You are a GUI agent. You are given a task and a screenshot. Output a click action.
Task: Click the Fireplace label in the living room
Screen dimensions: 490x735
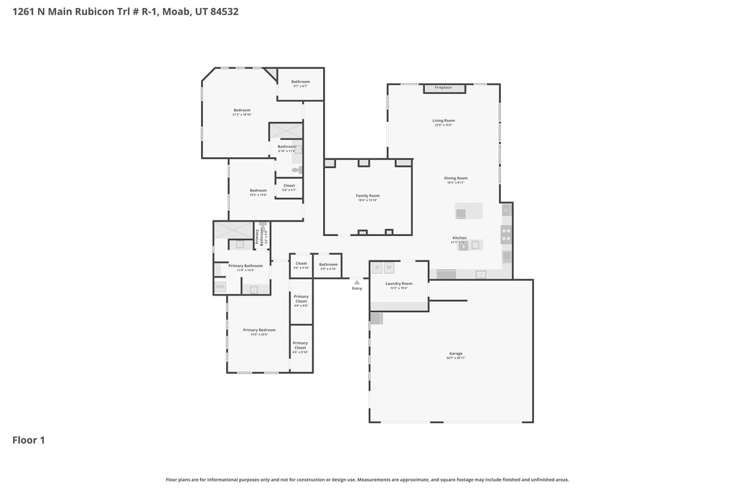tap(443, 88)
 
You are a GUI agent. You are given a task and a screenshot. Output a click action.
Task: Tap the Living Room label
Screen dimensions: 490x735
tap(444, 121)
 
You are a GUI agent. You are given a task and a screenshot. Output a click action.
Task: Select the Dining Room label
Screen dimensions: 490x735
tap(456, 178)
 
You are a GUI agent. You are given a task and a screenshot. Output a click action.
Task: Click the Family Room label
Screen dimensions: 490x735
tap(367, 196)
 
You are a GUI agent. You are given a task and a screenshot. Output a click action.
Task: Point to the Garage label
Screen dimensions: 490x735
tap(456, 353)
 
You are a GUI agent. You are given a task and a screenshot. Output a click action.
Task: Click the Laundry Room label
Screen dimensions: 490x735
tap(398, 283)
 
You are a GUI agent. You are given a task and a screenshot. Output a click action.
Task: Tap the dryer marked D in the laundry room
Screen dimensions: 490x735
tap(377, 268)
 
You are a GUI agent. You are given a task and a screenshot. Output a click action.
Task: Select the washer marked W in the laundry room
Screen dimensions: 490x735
tap(389, 268)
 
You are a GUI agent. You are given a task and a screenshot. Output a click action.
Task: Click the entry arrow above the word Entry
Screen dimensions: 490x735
tap(357, 282)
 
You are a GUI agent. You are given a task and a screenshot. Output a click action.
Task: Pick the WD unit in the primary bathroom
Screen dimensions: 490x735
tap(220, 286)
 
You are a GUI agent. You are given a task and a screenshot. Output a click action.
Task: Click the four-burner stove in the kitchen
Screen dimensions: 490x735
tap(506, 234)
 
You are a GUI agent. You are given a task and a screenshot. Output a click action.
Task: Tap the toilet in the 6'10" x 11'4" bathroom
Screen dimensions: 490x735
tap(296, 170)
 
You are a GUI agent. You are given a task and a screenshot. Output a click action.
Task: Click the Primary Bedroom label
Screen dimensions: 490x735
tap(259, 330)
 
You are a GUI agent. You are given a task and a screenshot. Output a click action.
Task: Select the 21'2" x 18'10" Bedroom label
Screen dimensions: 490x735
tap(242, 110)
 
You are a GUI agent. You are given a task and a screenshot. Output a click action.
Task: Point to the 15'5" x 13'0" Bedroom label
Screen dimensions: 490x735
tap(258, 190)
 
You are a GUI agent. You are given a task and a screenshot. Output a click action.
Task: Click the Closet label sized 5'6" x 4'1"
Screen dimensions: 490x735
tap(289, 186)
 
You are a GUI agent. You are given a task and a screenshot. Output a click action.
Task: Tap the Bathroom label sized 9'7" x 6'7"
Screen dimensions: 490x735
tap(301, 82)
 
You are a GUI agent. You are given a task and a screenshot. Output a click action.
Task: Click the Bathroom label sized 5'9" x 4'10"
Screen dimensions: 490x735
tap(328, 265)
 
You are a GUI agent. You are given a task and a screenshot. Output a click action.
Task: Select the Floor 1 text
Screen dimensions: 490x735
tap(29, 440)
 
